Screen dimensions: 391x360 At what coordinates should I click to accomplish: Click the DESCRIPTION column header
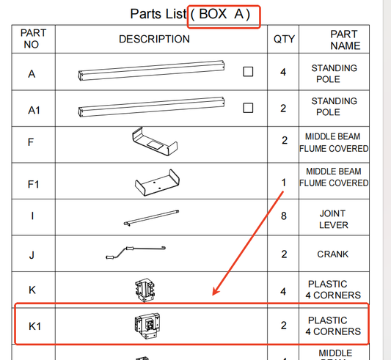click(154, 39)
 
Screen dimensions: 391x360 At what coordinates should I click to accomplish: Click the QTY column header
click(284, 39)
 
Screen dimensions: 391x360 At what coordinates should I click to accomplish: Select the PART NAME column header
click(345, 40)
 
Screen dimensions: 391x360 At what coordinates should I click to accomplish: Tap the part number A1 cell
click(34, 110)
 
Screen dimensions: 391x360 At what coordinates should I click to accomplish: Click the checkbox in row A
click(248, 72)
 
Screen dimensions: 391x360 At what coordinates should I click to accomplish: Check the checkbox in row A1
click(248, 108)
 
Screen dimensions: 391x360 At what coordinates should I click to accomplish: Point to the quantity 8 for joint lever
click(284, 216)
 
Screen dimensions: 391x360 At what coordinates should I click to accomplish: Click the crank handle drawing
click(136, 252)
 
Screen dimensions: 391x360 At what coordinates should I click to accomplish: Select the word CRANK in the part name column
click(332, 254)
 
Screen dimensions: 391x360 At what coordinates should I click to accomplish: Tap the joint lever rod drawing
click(151, 218)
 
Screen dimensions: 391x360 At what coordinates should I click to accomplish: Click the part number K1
click(34, 326)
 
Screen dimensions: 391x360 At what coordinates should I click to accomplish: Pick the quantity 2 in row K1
click(283, 326)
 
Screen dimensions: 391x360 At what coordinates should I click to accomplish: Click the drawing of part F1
click(157, 183)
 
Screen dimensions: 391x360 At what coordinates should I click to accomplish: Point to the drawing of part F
click(155, 142)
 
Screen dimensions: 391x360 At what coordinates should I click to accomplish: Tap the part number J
click(32, 255)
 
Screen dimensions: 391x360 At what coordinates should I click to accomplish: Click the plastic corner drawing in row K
click(145, 290)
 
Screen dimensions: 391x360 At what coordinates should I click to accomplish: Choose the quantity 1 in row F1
click(283, 183)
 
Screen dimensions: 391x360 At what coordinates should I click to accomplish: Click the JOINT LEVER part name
click(333, 219)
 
